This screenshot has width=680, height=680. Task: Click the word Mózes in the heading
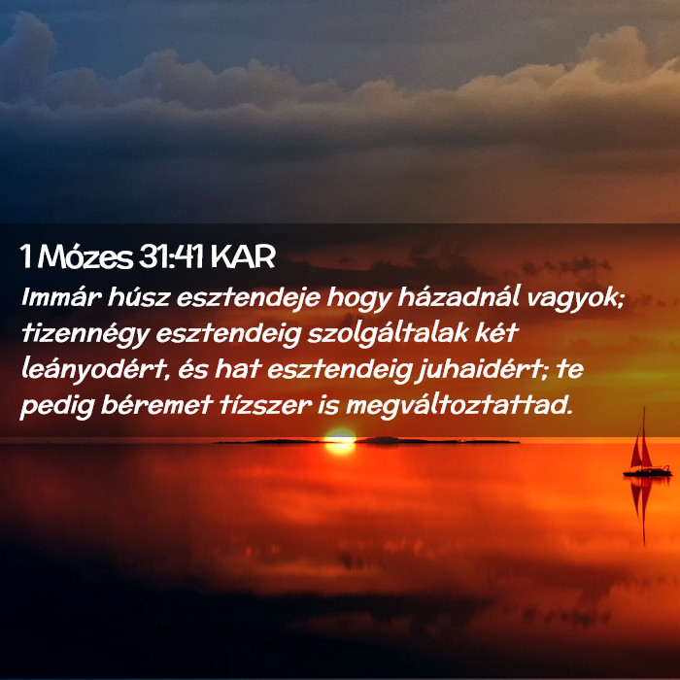(85, 256)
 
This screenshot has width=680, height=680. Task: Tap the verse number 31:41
(171, 256)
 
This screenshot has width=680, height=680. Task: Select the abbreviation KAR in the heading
(243, 256)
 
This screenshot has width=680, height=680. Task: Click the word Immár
(61, 297)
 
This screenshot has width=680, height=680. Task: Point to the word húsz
(138, 297)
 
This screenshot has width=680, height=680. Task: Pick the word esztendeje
(248, 298)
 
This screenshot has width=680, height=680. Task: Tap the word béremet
(156, 405)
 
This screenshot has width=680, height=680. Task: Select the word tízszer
(265, 405)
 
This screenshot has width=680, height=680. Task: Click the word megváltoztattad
(457, 406)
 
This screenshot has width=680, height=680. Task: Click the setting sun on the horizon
(340, 441)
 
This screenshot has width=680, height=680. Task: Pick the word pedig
(57, 407)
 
